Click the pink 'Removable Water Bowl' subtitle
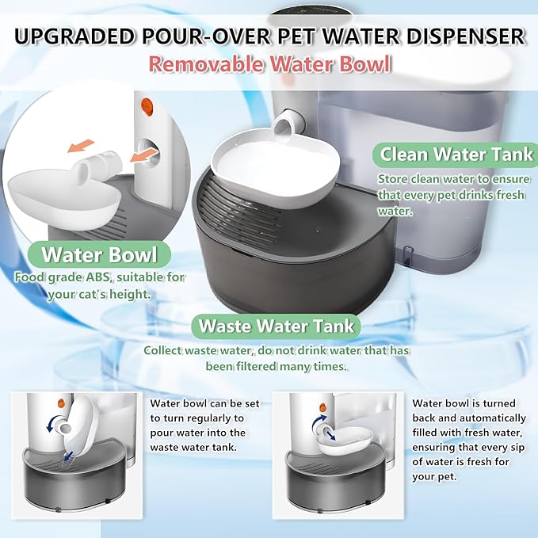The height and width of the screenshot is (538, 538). click(x=269, y=63)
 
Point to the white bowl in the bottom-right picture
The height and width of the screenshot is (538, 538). click(x=349, y=436)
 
